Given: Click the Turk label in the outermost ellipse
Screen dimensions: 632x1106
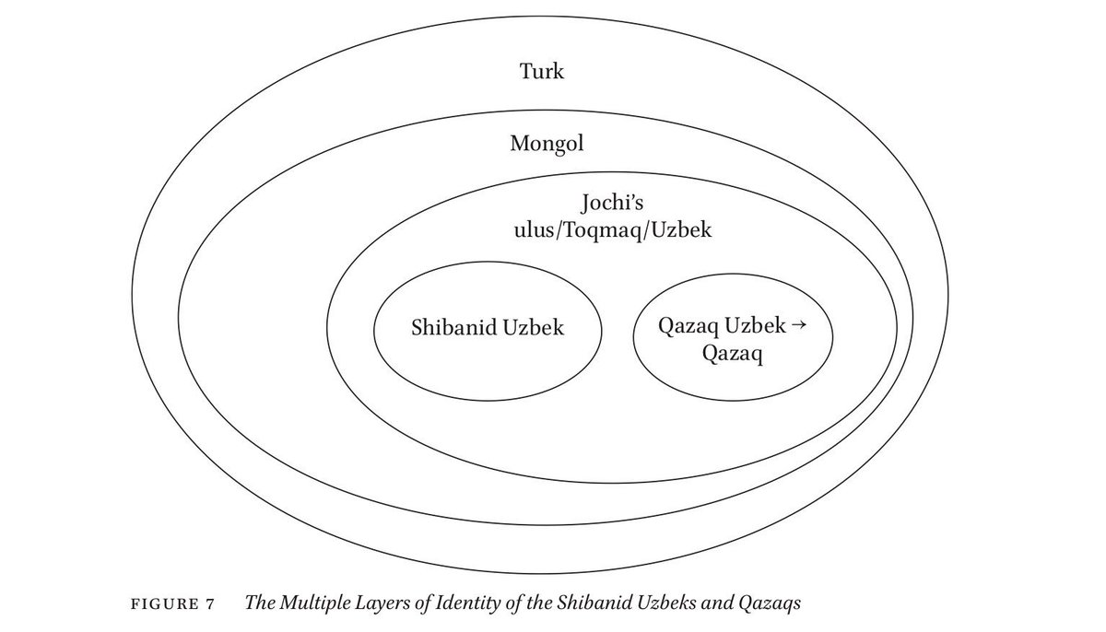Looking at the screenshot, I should (541, 71).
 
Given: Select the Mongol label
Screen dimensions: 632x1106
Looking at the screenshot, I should (547, 144).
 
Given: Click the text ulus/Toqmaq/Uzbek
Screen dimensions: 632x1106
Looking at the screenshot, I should (613, 230).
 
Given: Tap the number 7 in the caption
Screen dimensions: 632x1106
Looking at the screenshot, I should (211, 604).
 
